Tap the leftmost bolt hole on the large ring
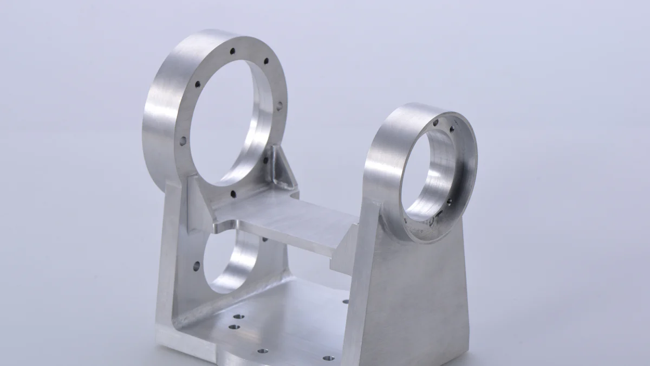pyautogui.click(x=183, y=140)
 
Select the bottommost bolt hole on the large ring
pyautogui.click(x=233, y=193)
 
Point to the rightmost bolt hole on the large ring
pyautogui.click(x=279, y=106)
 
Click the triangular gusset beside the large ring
pyautogui.click(x=282, y=168)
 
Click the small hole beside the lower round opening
pyautogui.click(x=196, y=266)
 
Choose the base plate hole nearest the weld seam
pyautogui.click(x=238, y=316)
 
